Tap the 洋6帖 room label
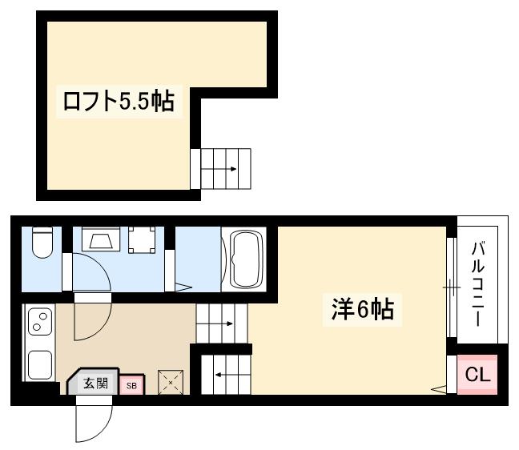point(363,308)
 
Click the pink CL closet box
point(477,374)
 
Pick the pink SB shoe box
point(131,385)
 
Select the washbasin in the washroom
point(101,241)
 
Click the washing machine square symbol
point(142,239)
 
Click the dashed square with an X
point(170,383)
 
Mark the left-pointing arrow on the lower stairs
point(219,373)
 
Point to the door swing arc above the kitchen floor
point(91,317)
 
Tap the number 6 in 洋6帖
point(363,309)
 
